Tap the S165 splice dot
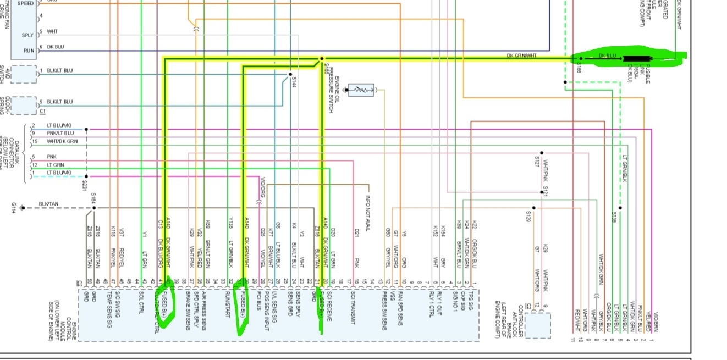[x=322, y=58]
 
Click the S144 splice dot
[x=290, y=74]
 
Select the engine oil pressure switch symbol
[x=361, y=90]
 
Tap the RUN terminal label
[x=28, y=51]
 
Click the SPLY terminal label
[x=27, y=35]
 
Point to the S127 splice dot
[x=542, y=153]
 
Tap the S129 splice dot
[x=533, y=208]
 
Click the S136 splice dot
[x=620, y=208]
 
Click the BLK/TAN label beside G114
[x=48, y=205]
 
